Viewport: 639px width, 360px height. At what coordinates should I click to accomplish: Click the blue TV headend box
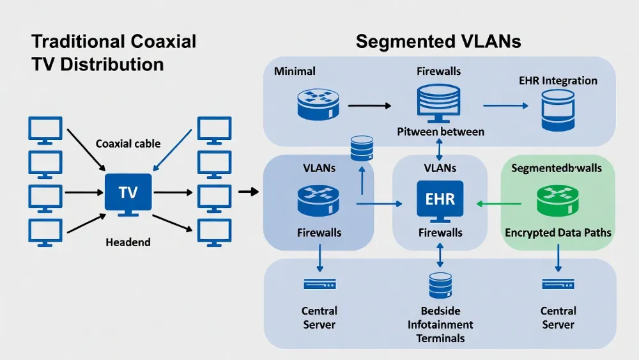pyautogui.click(x=128, y=192)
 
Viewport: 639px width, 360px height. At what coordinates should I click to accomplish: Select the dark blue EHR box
pyautogui.click(x=440, y=198)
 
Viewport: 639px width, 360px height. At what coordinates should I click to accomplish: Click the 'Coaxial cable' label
pyautogui.click(x=128, y=144)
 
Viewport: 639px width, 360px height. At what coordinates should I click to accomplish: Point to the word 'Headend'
pyautogui.click(x=128, y=242)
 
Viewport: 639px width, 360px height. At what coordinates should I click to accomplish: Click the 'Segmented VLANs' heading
pyautogui.click(x=438, y=42)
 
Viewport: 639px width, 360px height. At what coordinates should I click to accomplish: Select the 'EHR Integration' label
pyautogui.click(x=558, y=81)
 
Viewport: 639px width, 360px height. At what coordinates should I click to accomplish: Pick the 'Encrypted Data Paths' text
pyautogui.click(x=558, y=233)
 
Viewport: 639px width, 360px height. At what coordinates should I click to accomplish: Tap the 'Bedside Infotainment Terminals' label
pyautogui.click(x=440, y=324)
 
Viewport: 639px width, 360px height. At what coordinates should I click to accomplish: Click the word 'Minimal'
pyautogui.click(x=295, y=71)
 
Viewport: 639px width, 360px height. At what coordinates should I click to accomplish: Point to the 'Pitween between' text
pyautogui.click(x=440, y=132)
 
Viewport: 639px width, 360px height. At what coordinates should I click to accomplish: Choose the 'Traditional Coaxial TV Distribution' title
pyautogui.click(x=114, y=53)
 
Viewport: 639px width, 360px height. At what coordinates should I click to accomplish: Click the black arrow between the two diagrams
pyautogui.click(x=247, y=191)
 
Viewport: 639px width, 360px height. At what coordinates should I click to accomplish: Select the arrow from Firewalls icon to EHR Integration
pyautogui.click(x=505, y=104)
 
